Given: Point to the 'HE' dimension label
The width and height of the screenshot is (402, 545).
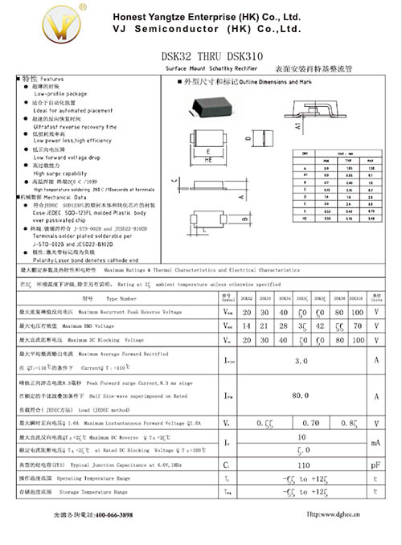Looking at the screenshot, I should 211,160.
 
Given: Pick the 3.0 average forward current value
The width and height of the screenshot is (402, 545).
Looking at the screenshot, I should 301,362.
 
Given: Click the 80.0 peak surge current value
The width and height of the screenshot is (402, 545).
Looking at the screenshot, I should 301,395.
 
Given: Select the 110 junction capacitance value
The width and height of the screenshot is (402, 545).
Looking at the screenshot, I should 303,465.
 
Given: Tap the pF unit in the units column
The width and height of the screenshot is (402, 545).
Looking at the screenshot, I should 375,465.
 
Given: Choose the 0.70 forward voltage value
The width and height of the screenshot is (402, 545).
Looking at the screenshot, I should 310,421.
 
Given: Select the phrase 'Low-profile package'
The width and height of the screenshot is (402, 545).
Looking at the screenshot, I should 60,94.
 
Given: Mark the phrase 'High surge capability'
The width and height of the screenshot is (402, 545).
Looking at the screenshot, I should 64,173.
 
